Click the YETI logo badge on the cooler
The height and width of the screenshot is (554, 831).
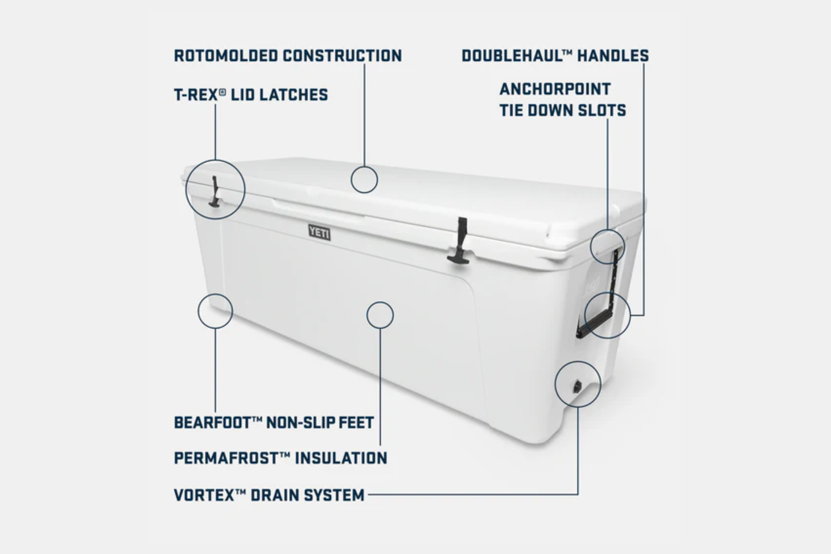coord(319,232)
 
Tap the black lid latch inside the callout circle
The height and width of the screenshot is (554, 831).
coord(215,192)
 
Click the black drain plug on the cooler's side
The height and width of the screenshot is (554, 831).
coord(577,386)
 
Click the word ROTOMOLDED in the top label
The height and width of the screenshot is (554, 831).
coord(226,56)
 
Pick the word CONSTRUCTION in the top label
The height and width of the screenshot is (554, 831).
coord(342,56)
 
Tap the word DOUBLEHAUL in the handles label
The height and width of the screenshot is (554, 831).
coord(512,56)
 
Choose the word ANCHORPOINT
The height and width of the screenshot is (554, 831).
coord(555,89)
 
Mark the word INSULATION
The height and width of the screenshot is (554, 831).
coord(341,458)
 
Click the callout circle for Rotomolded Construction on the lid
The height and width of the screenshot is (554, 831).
coord(364,167)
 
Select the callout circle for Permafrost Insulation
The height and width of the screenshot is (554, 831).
coord(380,302)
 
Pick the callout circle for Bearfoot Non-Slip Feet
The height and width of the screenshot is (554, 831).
coord(215,294)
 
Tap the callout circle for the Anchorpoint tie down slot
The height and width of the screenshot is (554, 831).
coord(607,230)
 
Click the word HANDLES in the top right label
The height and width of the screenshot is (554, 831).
coord(613,56)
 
